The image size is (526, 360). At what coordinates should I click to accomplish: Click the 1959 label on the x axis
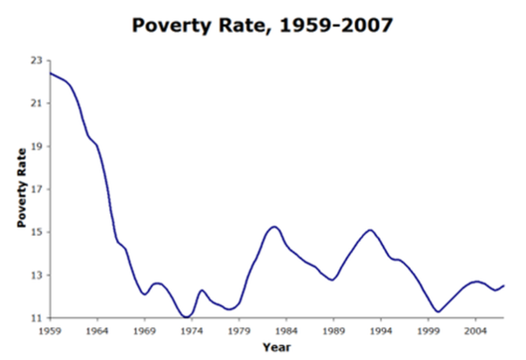[x=50, y=330]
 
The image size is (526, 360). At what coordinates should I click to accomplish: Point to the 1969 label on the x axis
[x=145, y=330]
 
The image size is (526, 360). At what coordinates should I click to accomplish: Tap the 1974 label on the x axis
[x=191, y=330]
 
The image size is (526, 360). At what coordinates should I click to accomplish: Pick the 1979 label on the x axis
[x=239, y=330]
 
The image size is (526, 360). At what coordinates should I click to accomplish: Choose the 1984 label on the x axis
[x=286, y=330]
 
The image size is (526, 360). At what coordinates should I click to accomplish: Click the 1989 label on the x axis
[x=334, y=330]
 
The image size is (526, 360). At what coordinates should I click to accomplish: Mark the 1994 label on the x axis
[x=381, y=330]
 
